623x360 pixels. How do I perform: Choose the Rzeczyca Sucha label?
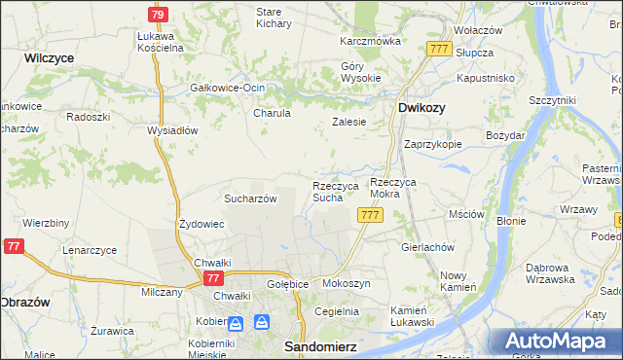point(335,192)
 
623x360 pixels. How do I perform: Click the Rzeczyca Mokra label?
point(398,189)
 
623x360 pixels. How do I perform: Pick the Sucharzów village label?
point(251,198)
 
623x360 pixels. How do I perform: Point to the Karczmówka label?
point(370,42)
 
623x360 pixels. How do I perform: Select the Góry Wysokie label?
point(359,73)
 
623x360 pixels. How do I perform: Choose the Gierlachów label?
point(428,247)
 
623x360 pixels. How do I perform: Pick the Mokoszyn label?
point(346,283)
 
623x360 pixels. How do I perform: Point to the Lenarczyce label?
point(90,250)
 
